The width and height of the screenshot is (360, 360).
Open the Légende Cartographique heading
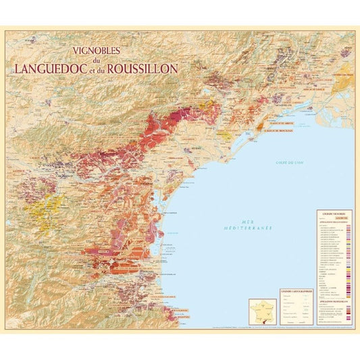[296, 290]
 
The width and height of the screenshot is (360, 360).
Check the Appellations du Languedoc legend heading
[334, 222]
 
